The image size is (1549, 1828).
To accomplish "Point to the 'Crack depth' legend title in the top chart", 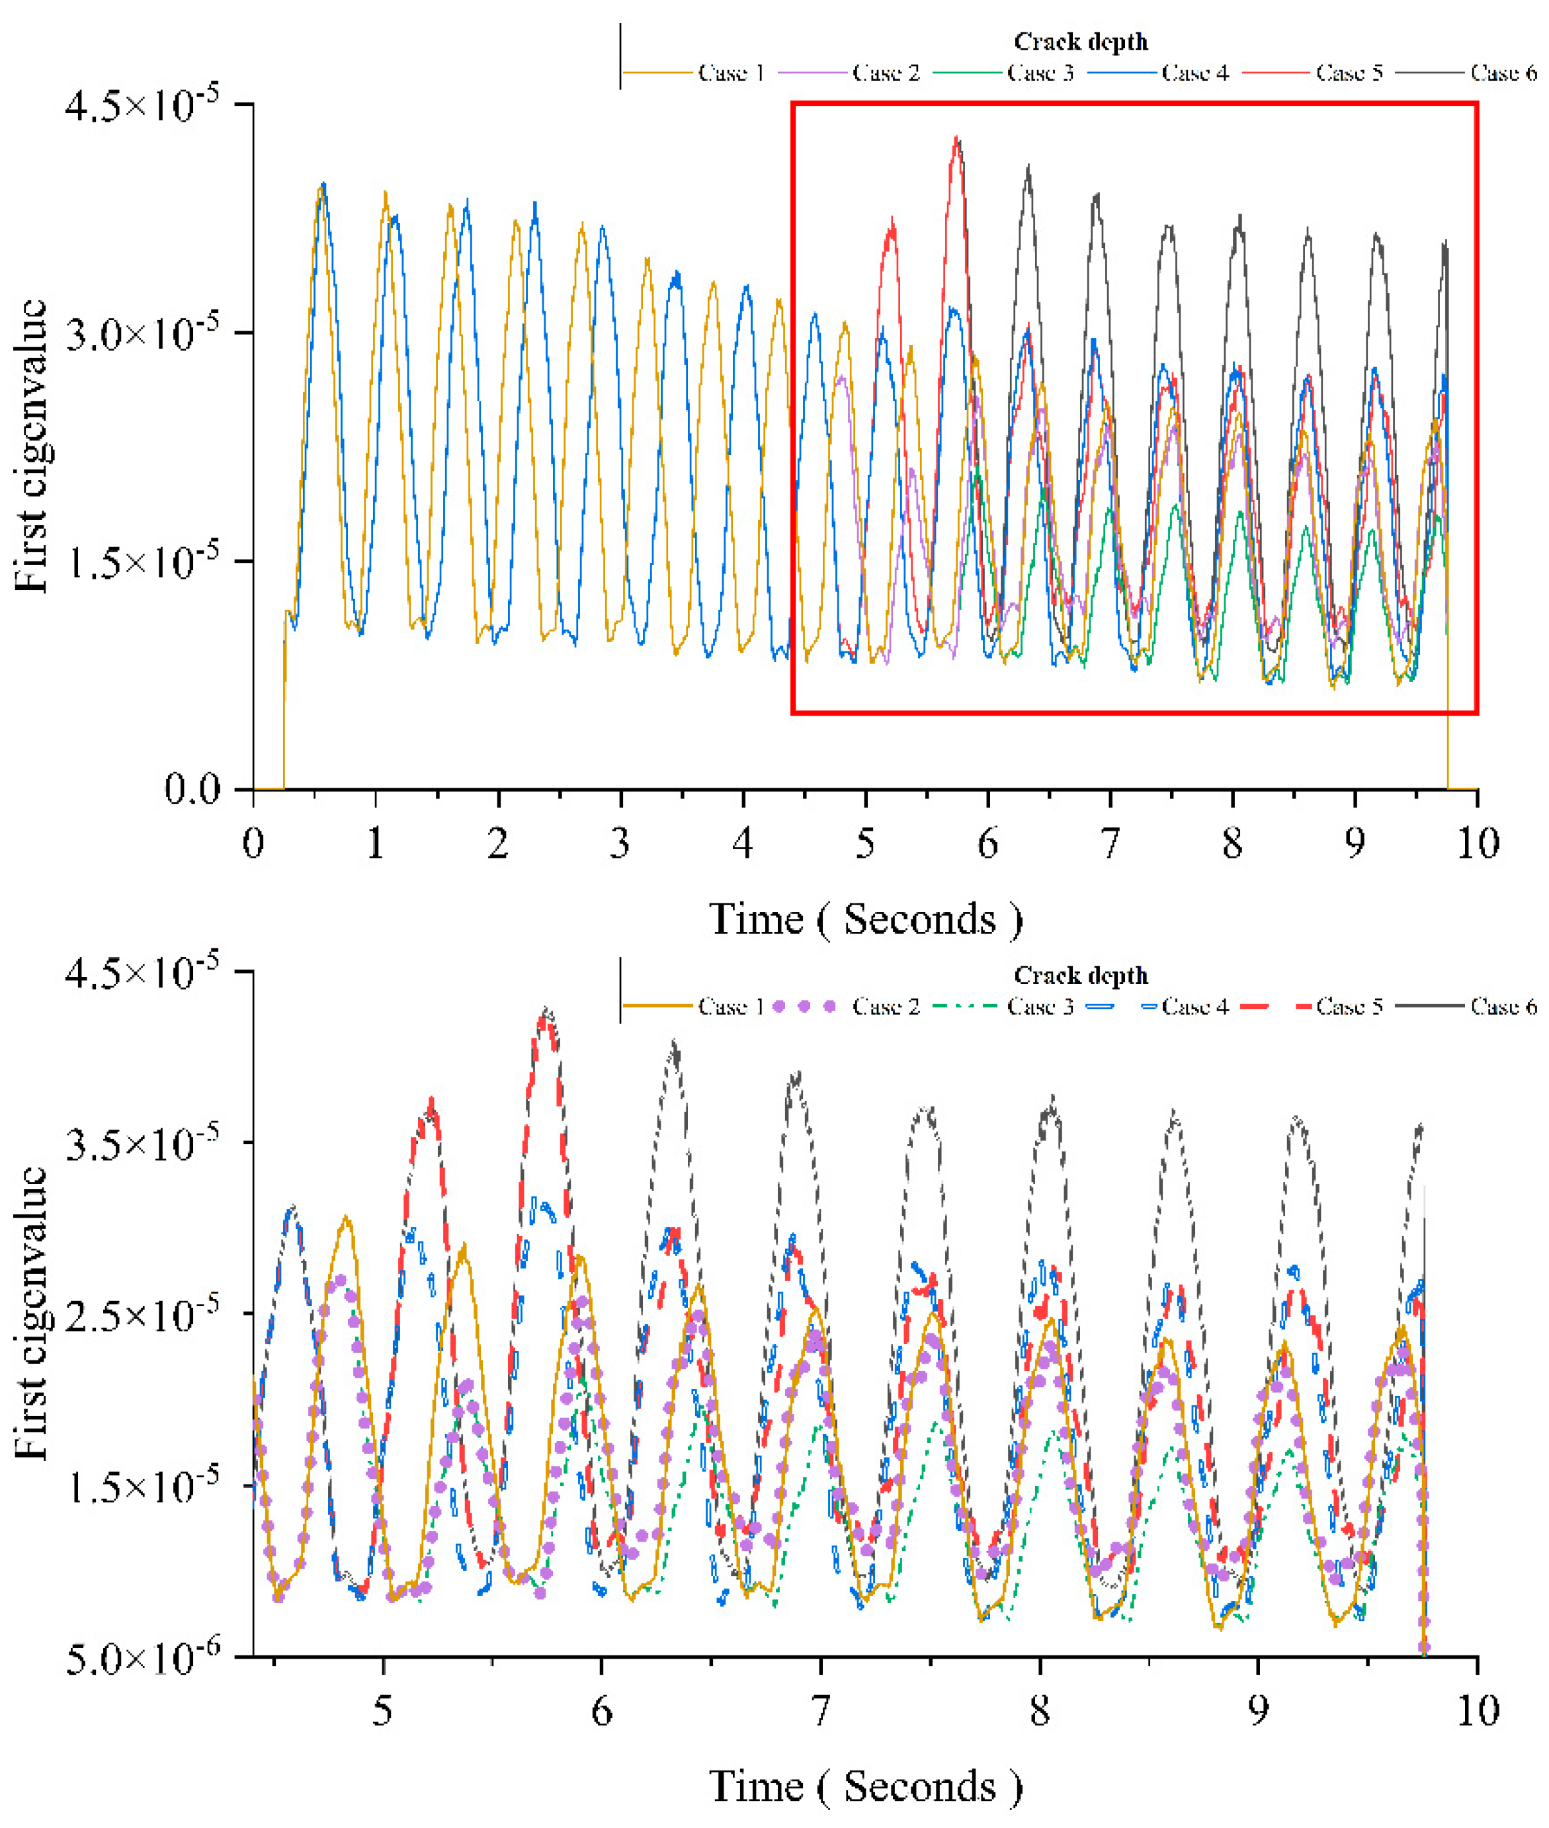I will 1080,41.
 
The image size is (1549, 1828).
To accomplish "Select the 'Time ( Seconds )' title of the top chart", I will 865,919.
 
